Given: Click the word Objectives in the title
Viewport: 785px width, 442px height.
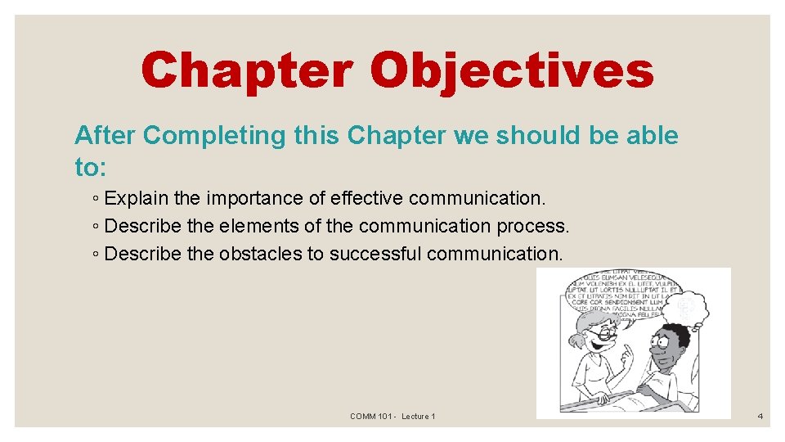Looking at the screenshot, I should [512, 71].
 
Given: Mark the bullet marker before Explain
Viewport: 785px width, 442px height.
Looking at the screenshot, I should [96, 199].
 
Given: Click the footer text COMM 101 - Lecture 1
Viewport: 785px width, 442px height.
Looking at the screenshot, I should [392, 417].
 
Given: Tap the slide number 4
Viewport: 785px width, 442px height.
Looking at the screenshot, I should [760, 417].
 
